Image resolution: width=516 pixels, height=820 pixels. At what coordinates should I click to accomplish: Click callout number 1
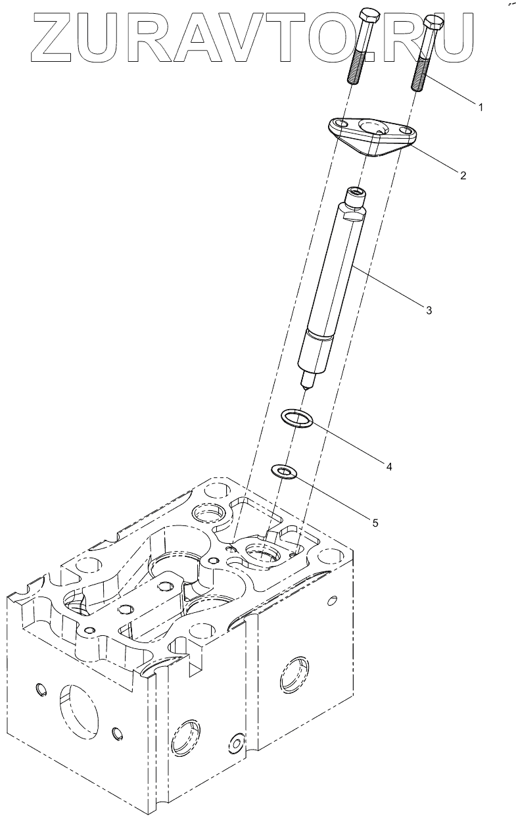point(481,107)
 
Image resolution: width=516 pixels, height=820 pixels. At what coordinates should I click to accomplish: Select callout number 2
point(463,175)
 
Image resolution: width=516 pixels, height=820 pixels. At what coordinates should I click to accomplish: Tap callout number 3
point(428,310)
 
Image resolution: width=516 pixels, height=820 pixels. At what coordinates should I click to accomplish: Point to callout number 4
point(388,466)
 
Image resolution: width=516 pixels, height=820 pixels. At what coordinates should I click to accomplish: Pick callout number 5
point(375,523)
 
